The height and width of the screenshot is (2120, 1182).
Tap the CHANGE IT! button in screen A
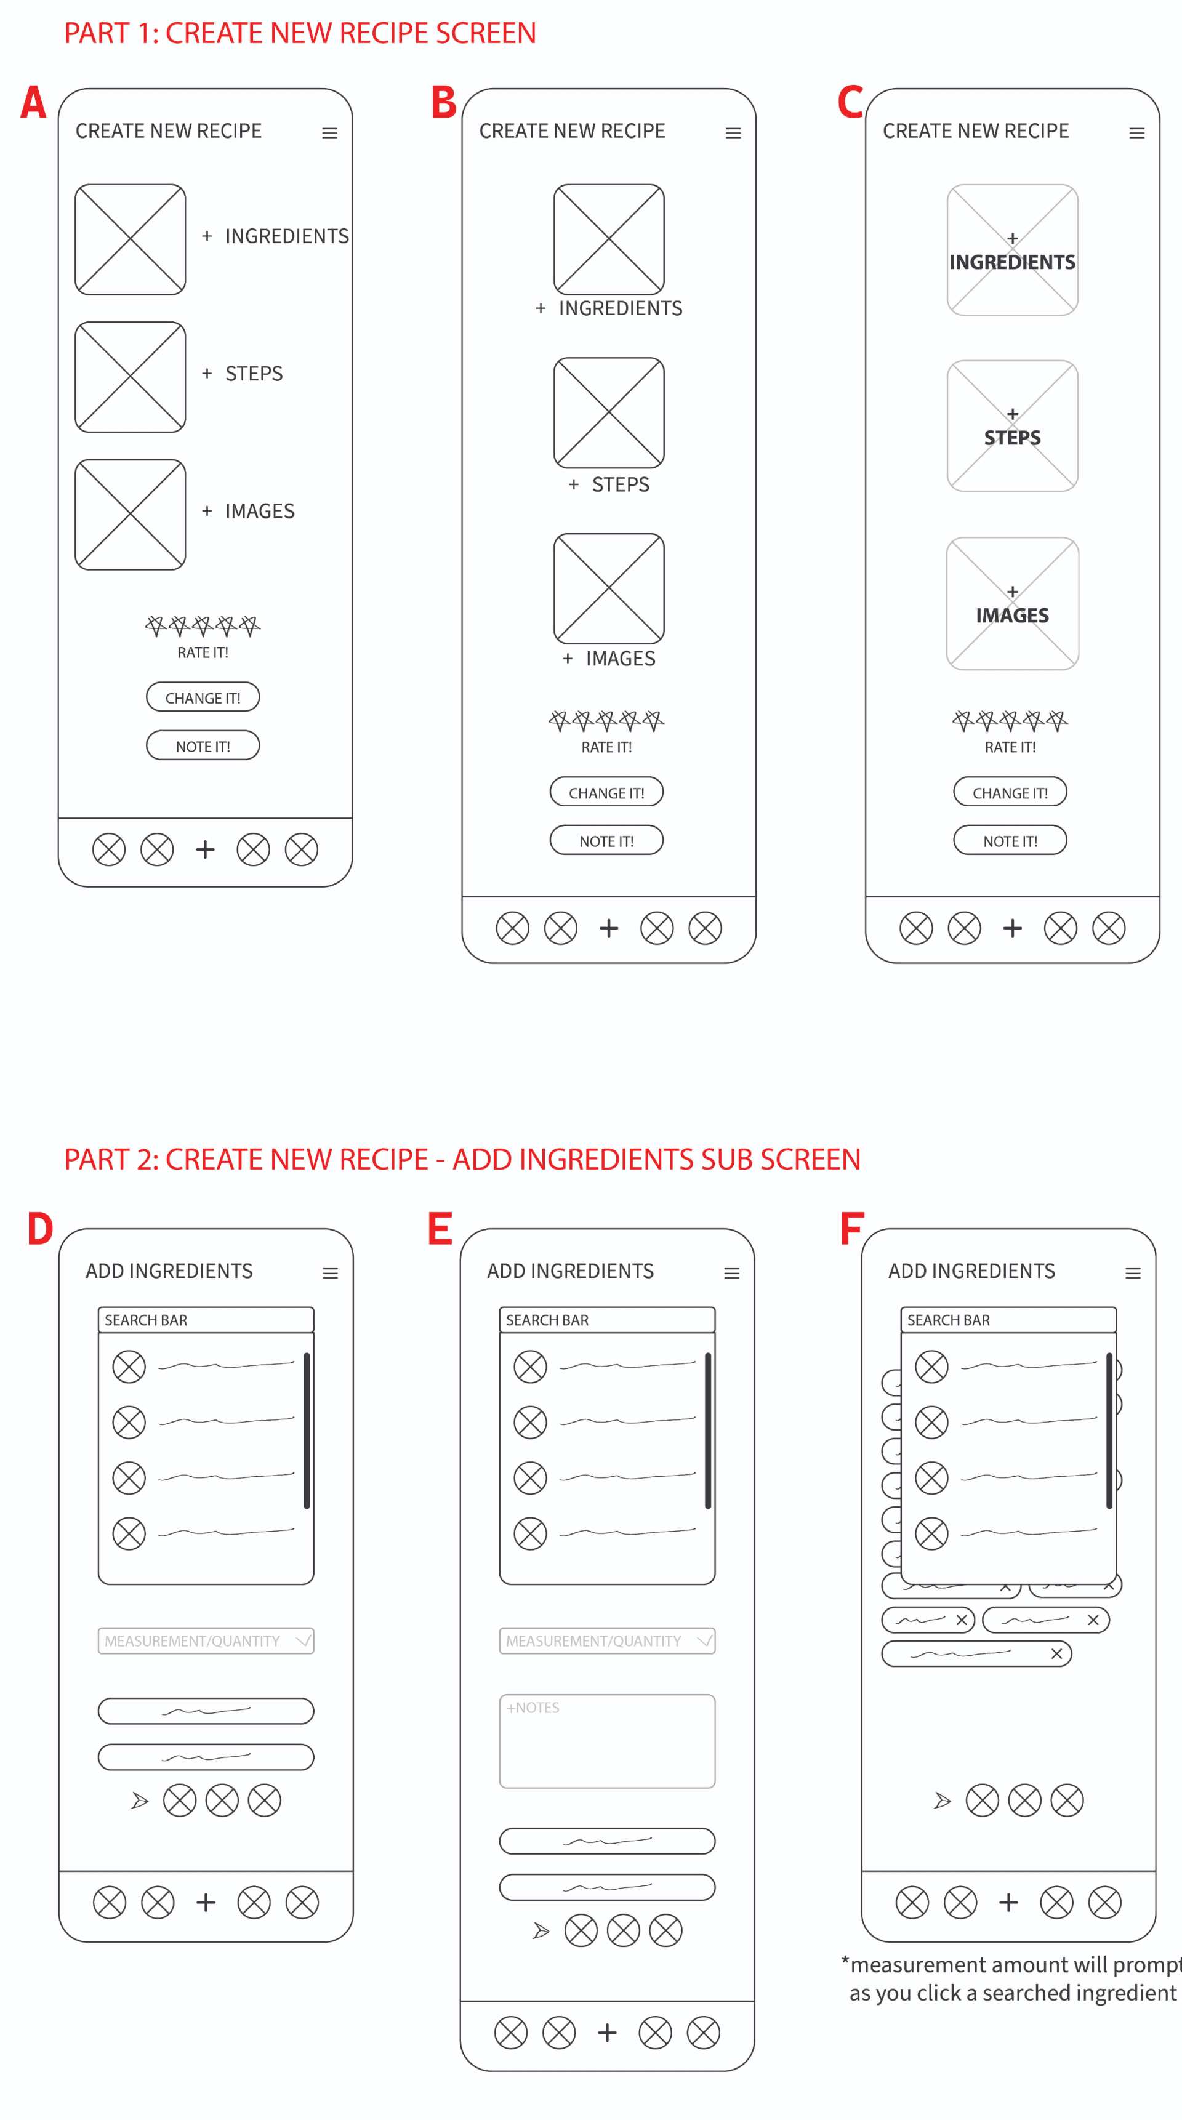[203, 697]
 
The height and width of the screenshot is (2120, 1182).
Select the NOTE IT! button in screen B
[606, 840]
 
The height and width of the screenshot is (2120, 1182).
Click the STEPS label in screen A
[254, 374]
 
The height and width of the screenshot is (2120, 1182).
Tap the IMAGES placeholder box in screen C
[1013, 603]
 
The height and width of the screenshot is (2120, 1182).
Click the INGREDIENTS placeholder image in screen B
[609, 239]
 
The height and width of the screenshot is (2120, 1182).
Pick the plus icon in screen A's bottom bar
[205, 849]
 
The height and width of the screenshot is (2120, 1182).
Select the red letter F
[851, 1229]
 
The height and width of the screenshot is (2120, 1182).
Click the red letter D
[41, 1229]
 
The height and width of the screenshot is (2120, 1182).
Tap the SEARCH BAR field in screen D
[206, 1320]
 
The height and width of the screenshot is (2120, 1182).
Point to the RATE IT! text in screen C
[1010, 747]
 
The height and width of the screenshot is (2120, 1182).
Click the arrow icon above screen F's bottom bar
[943, 1801]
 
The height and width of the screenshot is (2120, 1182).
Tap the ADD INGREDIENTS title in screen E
[571, 1272]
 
